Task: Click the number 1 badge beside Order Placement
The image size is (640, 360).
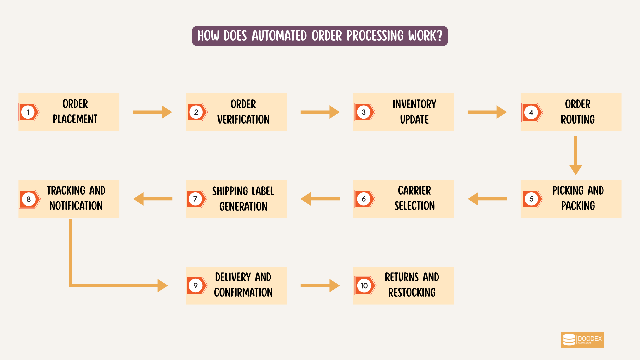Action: click(28, 112)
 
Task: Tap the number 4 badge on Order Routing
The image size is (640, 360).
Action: click(531, 113)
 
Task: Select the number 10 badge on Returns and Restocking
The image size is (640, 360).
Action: click(364, 286)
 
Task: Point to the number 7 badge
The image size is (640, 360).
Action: click(195, 199)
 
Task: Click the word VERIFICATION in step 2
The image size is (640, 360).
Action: click(243, 120)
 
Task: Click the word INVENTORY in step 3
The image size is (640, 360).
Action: click(414, 104)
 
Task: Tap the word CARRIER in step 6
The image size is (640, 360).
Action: click(414, 191)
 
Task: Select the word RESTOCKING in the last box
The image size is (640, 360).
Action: click(412, 293)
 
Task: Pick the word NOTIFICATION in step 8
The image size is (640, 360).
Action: click(76, 206)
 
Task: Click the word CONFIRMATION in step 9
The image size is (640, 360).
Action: click(243, 293)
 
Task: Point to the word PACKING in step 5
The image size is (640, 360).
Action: click(578, 206)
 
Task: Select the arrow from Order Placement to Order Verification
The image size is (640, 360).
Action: click(152, 112)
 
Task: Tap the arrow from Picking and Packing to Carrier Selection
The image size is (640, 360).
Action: click(487, 199)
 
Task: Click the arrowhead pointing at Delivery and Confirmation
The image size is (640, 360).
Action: click(162, 286)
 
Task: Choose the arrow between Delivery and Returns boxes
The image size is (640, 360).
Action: click(320, 286)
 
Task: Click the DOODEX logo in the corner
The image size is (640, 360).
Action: click(582, 340)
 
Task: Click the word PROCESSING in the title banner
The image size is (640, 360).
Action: click(375, 36)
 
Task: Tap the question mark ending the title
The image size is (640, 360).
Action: click(439, 36)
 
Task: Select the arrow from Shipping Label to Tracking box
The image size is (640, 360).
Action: click(153, 199)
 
